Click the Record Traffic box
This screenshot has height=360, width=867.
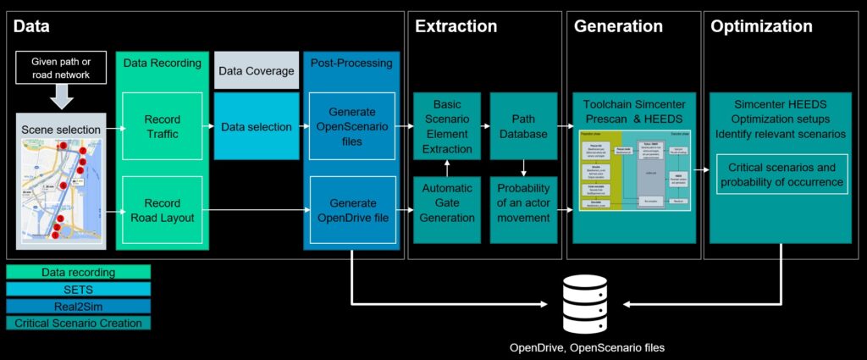coord(163,126)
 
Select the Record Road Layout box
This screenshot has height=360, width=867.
coord(163,209)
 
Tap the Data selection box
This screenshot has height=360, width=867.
coord(256,126)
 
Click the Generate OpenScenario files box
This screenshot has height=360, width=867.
coord(350,126)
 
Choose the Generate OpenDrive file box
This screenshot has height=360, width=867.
coord(350,209)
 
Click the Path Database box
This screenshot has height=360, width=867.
coord(523,126)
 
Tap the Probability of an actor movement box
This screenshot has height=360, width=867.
coord(523,209)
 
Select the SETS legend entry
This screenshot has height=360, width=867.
coord(78,289)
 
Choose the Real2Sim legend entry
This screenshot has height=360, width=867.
coord(78,306)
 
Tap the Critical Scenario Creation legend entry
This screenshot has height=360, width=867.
coord(78,323)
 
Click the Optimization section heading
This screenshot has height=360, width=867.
coord(761,26)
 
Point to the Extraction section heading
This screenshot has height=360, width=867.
coord(456,26)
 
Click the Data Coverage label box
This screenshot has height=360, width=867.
coord(256,70)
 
